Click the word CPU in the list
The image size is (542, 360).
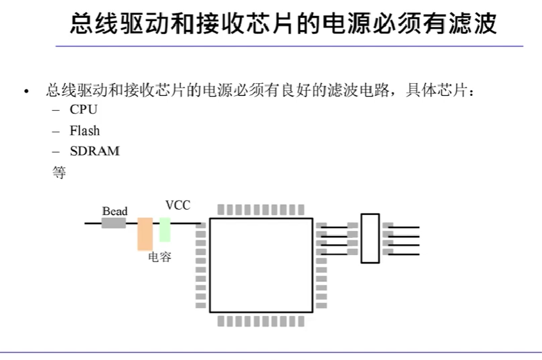(x=83, y=109)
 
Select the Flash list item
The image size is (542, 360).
(x=84, y=130)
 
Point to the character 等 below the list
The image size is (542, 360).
(x=58, y=172)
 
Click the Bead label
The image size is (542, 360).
(x=115, y=211)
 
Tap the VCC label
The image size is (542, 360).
(x=177, y=205)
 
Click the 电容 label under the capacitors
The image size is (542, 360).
(x=159, y=258)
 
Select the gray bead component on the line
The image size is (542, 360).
(x=114, y=223)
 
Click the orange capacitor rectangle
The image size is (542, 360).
(x=145, y=234)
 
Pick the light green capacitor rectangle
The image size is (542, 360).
(x=165, y=230)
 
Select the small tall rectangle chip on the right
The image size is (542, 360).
(x=370, y=238)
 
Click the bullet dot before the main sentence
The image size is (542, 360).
(x=26, y=92)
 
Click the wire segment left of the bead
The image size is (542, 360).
(x=93, y=223)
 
